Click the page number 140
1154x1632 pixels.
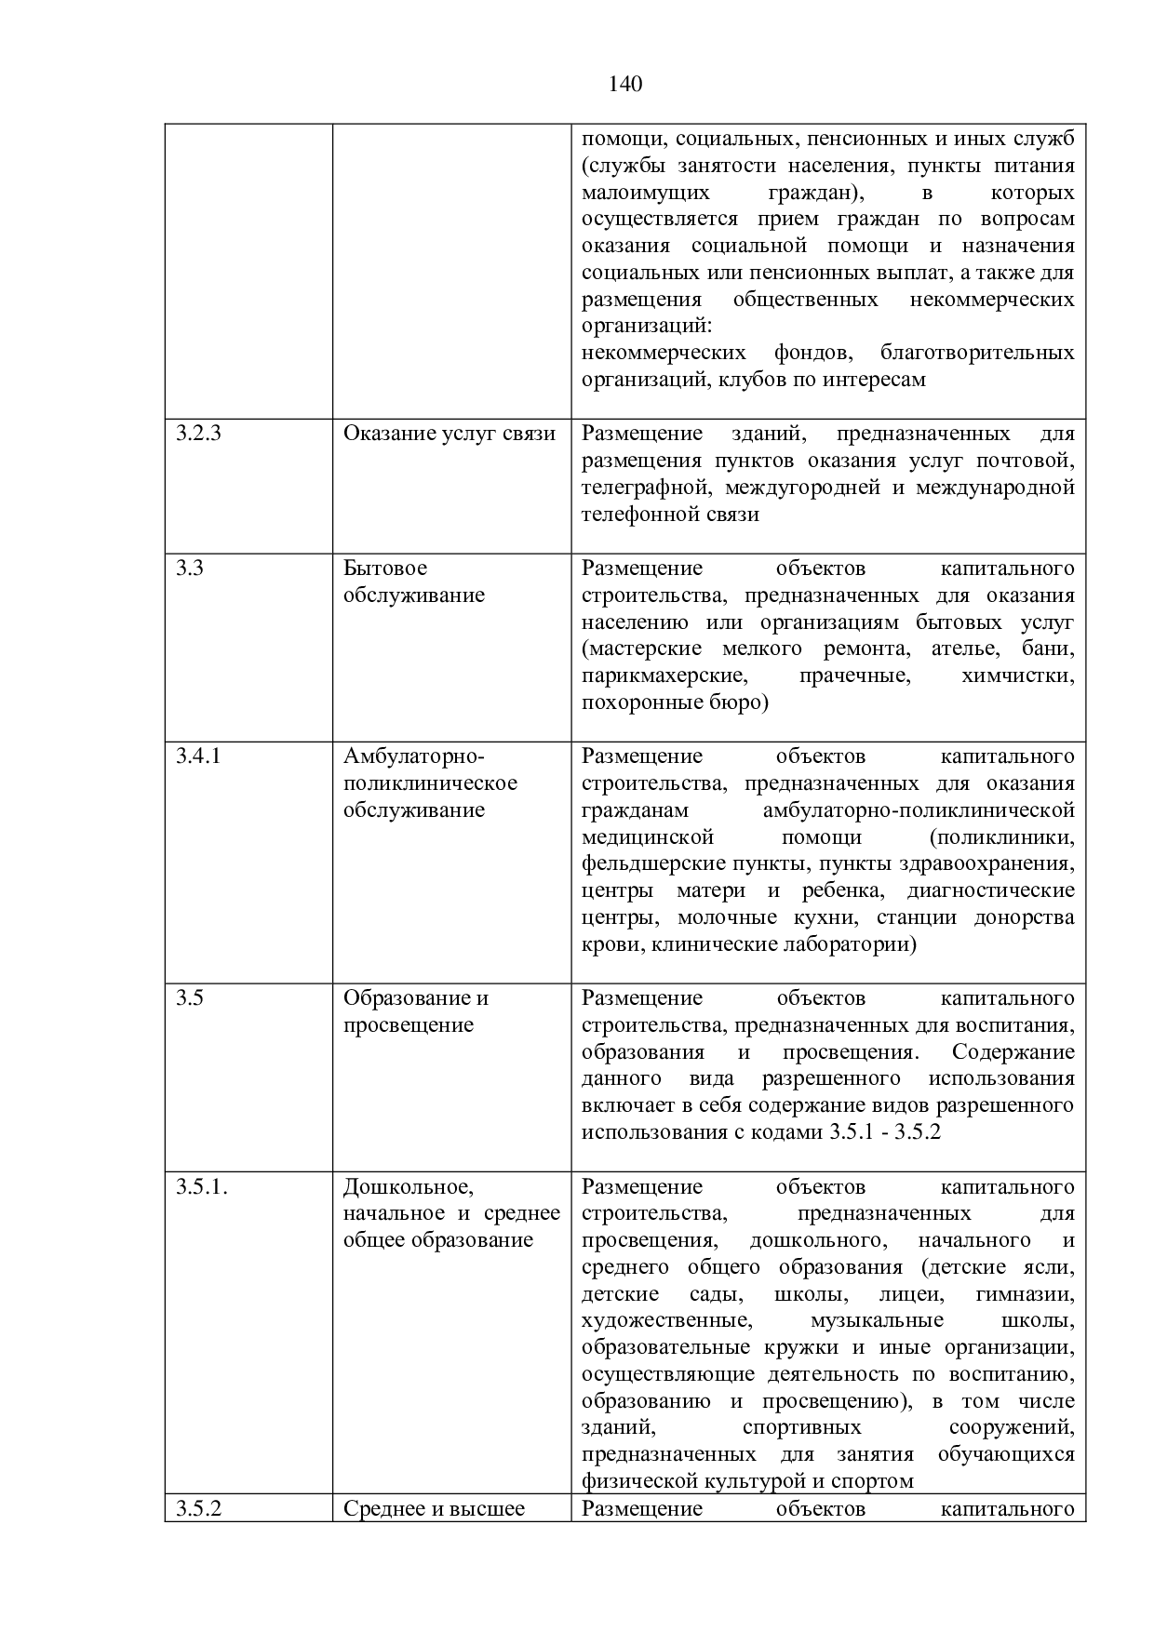point(625,85)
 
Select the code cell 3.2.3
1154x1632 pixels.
point(198,434)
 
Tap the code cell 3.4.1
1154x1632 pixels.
point(198,756)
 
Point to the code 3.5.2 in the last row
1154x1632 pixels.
point(198,1508)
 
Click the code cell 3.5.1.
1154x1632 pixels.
point(201,1186)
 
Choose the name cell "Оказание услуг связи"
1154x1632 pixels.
point(450,434)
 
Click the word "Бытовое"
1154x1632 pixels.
point(385,568)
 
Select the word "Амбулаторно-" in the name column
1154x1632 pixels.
point(414,756)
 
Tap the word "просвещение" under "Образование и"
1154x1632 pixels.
point(409,1024)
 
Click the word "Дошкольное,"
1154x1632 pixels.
point(409,1186)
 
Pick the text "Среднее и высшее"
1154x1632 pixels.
point(434,1508)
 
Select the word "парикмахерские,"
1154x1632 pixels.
point(662,676)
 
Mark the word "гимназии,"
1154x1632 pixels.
point(1025,1293)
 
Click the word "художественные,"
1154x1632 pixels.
point(666,1320)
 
